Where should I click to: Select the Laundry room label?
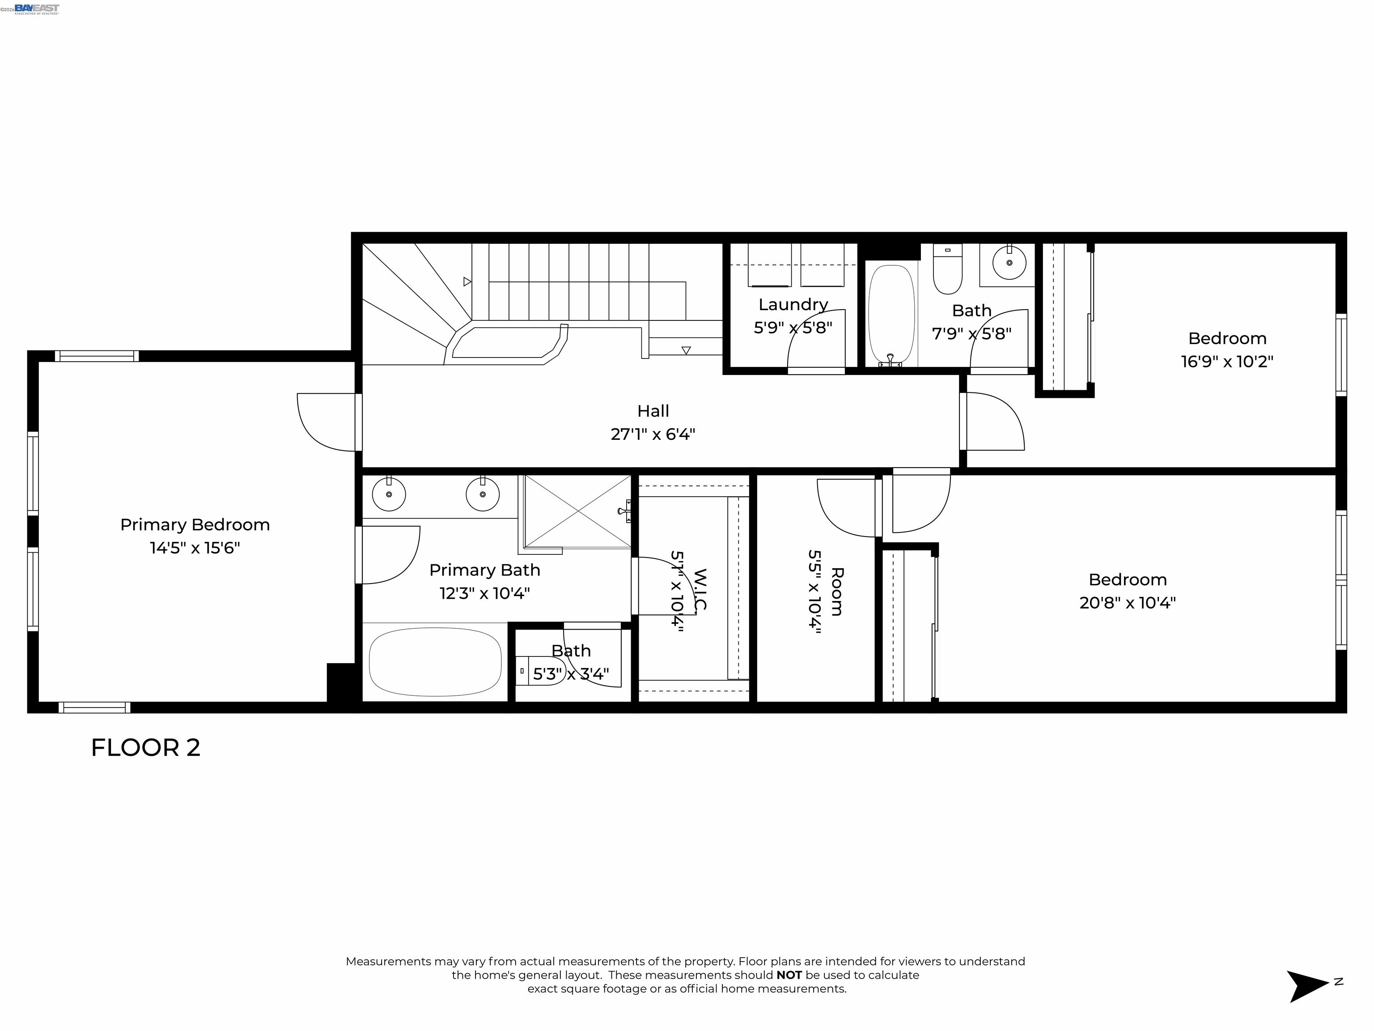(793, 305)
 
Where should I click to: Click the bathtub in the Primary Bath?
(435, 662)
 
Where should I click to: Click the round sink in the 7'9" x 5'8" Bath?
(1009, 263)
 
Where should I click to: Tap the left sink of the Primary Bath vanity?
(389, 494)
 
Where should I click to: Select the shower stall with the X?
(578, 511)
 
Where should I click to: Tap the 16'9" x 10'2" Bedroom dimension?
(1227, 362)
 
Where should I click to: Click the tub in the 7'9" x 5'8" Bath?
(891, 314)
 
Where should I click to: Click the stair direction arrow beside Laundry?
(686, 350)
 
